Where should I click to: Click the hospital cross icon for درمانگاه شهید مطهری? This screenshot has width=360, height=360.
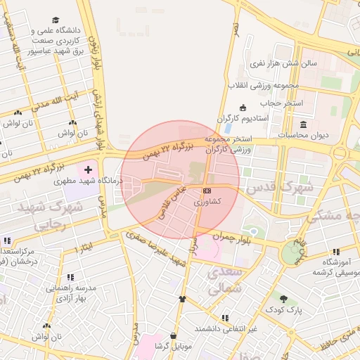pos(88,170)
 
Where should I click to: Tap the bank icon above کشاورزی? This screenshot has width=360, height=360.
pos(207,191)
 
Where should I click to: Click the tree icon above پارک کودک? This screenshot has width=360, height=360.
pos(284,298)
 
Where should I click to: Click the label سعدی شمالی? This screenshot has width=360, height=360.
pos(224,279)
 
